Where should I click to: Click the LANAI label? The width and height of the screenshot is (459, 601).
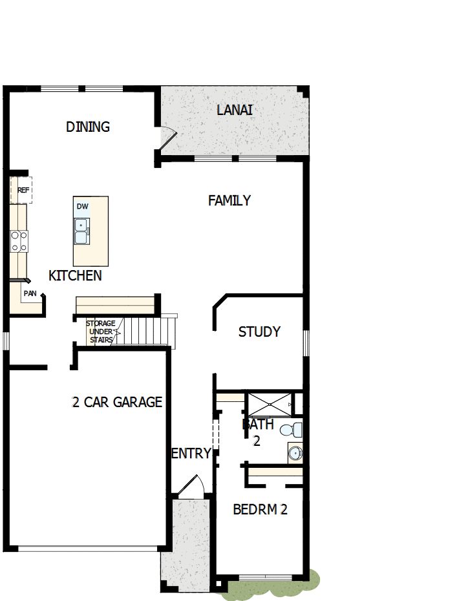click(234, 110)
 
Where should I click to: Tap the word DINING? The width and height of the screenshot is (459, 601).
click(88, 127)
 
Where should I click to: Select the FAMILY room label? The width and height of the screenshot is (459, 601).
click(229, 201)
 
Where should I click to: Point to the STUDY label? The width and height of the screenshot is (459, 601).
click(259, 332)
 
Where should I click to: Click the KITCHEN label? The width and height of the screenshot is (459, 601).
click(75, 276)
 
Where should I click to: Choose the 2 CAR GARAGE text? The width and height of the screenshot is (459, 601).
click(117, 403)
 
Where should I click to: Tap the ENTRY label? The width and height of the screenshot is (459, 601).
click(191, 454)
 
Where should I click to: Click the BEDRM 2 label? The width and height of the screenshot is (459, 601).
click(260, 509)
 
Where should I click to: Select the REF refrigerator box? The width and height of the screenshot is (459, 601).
click(22, 190)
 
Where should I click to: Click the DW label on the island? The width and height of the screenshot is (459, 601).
click(82, 207)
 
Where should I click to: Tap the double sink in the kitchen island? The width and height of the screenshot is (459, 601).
click(82, 231)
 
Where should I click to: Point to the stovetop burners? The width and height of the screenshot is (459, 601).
click(19, 241)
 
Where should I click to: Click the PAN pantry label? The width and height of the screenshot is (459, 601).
click(30, 293)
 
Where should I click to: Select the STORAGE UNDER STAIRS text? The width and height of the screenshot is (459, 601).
click(101, 332)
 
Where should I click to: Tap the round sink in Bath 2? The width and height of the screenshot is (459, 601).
click(295, 453)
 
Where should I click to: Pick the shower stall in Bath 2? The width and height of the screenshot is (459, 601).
click(268, 404)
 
